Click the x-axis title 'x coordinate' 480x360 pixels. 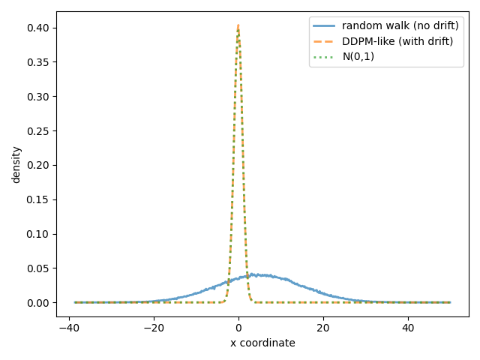[x=262, y=343]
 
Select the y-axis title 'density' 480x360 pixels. [x=16, y=165]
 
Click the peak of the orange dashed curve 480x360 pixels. [x=238, y=26]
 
